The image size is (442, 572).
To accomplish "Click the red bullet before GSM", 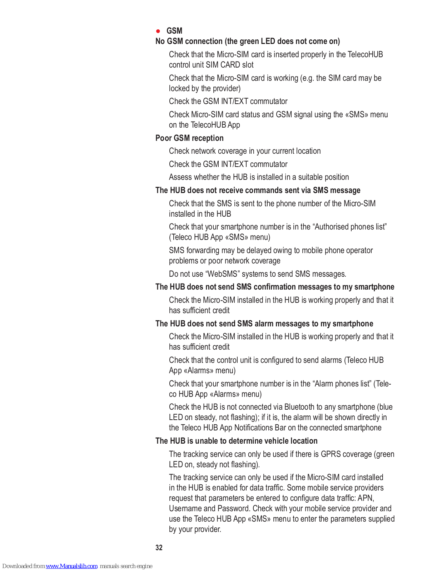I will coord(158,31).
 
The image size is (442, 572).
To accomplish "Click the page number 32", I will coord(159,548).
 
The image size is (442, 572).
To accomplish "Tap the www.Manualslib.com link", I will coord(71,566).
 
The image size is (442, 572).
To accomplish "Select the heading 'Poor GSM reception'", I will coord(189,138).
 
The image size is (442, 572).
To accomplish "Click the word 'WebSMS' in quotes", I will coord(222,274).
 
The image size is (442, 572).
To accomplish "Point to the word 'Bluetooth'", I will coord(299,407).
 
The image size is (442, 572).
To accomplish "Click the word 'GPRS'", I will coord(331,454).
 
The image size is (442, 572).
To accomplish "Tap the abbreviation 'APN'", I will coord(366,498).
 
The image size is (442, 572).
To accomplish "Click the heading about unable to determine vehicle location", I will coord(236,441).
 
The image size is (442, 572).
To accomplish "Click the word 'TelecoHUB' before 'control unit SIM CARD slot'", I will coord(365,54).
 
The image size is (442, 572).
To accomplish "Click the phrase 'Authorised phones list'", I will coord(350,227).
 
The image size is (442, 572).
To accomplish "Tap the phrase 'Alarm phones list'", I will coord(343,384).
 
